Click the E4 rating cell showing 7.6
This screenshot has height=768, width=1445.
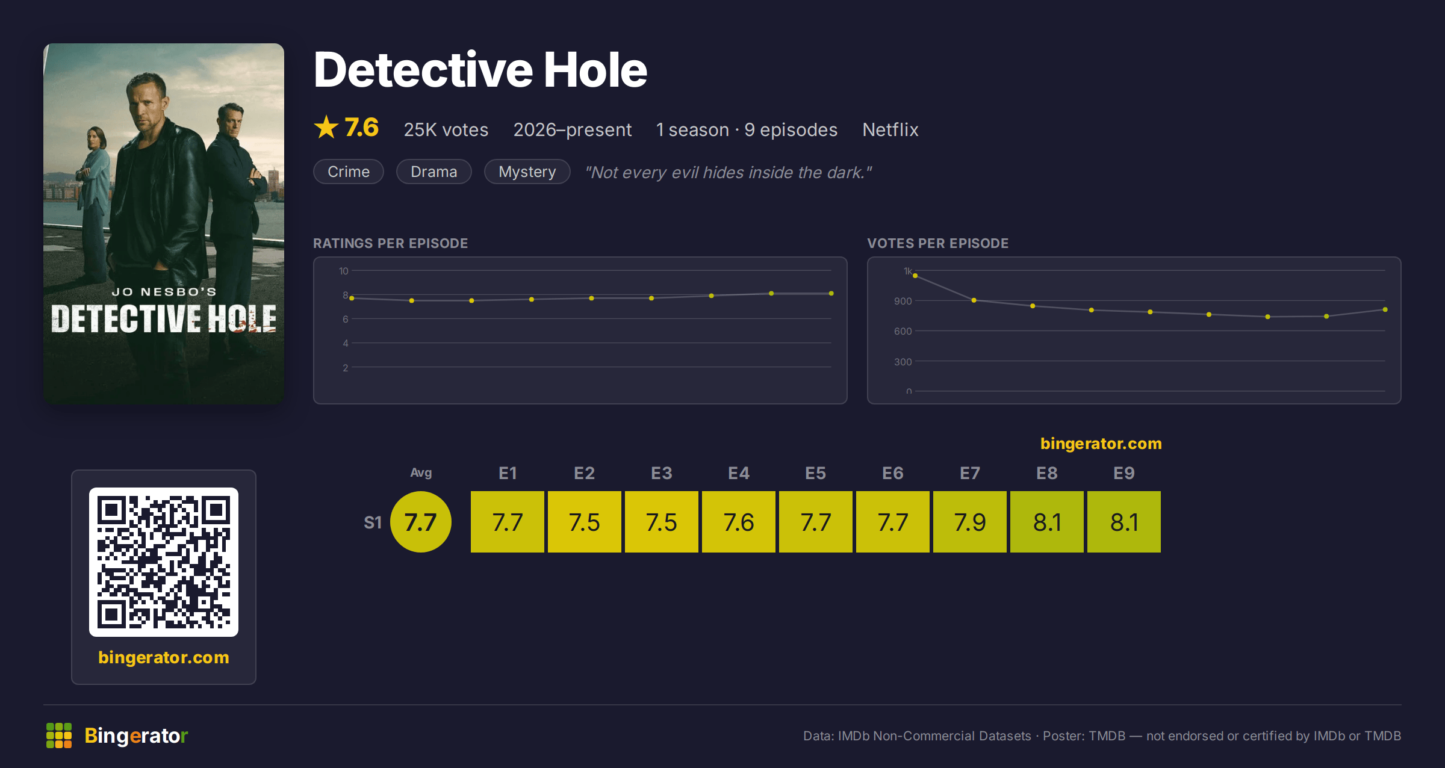coord(739,522)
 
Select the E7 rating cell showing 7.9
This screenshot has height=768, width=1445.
coord(970,522)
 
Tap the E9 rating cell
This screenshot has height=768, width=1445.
coord(1124,522)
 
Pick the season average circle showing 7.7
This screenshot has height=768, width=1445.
coord(421,522)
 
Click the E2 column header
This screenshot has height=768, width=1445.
coord(584,473)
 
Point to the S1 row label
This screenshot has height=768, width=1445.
coord(373,522)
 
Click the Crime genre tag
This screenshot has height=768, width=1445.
coord(349,172)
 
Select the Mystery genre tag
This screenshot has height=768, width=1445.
coord(527,172)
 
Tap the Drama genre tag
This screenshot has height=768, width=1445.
coord(434,172)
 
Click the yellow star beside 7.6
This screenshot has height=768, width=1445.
coord(326,127)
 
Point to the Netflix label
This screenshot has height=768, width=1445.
coord(890,129)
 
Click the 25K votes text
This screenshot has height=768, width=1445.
coord(446,129)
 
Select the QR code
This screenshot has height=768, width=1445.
coord(164,562)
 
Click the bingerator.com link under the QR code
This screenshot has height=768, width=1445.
coord(164,657)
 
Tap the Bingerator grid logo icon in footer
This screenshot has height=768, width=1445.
coord(59,735)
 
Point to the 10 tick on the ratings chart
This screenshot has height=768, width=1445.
coord(344,271)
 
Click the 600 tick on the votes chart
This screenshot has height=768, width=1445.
coord(903,331)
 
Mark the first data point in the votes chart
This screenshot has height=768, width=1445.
coord(915,276)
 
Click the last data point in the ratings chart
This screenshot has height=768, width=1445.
coord(831,294)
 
